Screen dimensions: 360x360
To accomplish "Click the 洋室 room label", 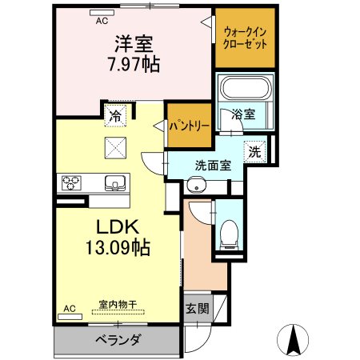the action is click(x=134, y=44).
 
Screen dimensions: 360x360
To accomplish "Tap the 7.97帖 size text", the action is click(x=134, y=64).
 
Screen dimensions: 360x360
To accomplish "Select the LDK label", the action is click(x=118, y=227).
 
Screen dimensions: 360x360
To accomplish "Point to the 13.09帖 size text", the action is click(x=118, y=247).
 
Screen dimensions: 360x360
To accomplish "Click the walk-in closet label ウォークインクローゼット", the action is click(x=245, y=38).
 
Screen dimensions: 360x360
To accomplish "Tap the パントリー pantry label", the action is click(x=190, y=126).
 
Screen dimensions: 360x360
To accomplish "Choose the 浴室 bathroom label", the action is click(x=243, y=114).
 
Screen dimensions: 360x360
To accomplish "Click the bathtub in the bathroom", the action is click(x=246, y=87).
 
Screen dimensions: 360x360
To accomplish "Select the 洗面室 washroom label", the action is click(x=213, y=166).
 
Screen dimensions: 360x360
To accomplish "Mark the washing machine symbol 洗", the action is click(x=255, y=152).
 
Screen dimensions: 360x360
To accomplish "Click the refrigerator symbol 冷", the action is click(x=115, y=116).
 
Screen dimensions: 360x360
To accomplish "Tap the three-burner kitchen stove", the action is click(x=71, y=182).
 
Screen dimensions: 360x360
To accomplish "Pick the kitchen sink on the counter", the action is click(x=115, y=183).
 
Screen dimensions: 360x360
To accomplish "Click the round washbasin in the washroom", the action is click(x=197, y=185).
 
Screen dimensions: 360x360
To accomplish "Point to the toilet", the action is click(x=229, y=235).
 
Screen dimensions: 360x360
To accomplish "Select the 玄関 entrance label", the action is click(x=198, y=309).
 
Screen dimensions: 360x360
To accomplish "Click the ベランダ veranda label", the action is click(x=118, y=340).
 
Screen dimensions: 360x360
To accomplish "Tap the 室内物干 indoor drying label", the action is click(x=118, y=304).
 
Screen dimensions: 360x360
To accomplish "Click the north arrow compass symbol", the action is click(x=293, y=339).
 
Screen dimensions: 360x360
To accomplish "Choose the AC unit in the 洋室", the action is click(x=102, y=13).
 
